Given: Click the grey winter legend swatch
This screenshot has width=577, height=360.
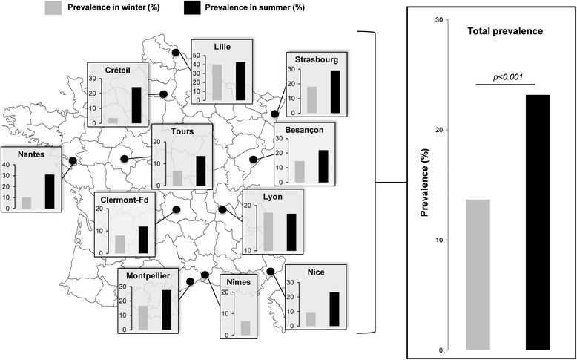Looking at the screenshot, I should [53, 8].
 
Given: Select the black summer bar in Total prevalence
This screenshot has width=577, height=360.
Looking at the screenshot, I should [538, 222].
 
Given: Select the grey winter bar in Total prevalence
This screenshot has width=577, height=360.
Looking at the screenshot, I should [478, 275].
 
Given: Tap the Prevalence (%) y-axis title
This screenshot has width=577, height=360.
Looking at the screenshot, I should [426, 185].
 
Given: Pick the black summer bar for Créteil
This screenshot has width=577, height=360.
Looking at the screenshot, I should [136, 105].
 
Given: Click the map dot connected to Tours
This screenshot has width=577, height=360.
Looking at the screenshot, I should [125, 158].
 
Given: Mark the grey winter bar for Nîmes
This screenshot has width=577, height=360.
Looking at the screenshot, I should [245, 327].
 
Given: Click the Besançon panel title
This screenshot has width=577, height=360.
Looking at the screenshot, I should [304, 128].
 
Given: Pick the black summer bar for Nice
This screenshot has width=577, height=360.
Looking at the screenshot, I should [334, 309].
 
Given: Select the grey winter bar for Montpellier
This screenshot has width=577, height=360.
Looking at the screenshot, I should [143, 317].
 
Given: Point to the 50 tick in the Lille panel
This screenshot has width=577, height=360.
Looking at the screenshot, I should [197, 56].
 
